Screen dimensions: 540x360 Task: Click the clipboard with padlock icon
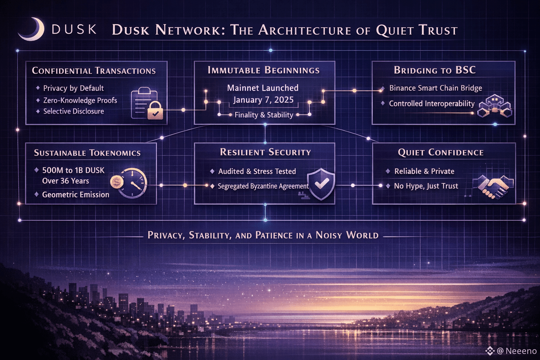click(x=147, y=105)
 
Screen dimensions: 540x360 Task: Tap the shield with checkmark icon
click(x=321, y=184)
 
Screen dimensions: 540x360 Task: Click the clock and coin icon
click(x=129, y=183)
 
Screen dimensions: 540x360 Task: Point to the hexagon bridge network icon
click(x=495, y=106)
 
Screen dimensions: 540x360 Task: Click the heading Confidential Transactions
click(x=94, y=71)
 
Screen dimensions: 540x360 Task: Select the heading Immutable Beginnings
click(x=264, y=70)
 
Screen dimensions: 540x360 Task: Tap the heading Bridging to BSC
click(x=435, y=70)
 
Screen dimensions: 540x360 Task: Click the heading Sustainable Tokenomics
click(x=87, y=153)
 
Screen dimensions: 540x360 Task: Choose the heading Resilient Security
click(x=265, y=152)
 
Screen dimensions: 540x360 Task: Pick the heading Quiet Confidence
click(x=441, y=152)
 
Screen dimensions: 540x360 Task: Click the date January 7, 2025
click(x=263, y=100)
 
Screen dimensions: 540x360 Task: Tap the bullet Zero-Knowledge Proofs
click(x=80, y=100)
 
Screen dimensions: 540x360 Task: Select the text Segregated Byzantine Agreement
click(x=263, y=186)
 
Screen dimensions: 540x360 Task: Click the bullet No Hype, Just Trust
click(x=426, y=186)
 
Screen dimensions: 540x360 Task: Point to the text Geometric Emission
click(x=76, y=194)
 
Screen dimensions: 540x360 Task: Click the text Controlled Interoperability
click(x=431, y=103)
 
